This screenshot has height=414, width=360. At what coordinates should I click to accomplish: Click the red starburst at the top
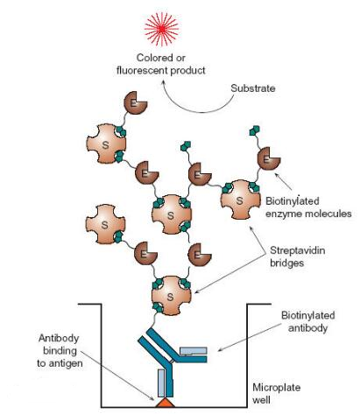161,29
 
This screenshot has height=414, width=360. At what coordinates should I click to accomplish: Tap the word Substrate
253,88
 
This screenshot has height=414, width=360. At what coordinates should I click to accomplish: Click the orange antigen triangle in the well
166,403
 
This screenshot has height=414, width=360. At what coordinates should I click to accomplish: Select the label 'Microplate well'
276,394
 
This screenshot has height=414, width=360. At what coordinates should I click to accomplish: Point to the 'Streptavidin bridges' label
297,256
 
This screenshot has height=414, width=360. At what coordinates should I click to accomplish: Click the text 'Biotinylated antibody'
307,321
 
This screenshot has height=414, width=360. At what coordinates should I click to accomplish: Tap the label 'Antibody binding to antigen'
60,351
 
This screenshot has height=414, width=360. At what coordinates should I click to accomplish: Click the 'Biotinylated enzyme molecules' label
308,207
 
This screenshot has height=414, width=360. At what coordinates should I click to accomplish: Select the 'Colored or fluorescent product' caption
161,64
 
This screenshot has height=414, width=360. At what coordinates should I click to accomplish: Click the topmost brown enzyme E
135,102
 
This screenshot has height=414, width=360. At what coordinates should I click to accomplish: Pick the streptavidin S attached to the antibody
171,296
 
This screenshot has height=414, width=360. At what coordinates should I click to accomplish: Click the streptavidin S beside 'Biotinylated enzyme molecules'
240,200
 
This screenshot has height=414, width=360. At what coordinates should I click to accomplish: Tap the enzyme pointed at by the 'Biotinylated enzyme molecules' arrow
268,158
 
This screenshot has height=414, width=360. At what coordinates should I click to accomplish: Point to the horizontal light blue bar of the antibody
193,350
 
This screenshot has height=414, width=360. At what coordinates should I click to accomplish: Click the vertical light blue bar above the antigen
161,383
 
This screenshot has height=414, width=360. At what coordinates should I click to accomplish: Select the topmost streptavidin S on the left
106,144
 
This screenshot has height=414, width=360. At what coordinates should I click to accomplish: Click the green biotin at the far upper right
255,130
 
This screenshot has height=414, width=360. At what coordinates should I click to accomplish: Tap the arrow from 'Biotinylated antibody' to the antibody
249,337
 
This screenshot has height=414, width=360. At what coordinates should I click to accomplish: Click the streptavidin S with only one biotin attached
105,224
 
